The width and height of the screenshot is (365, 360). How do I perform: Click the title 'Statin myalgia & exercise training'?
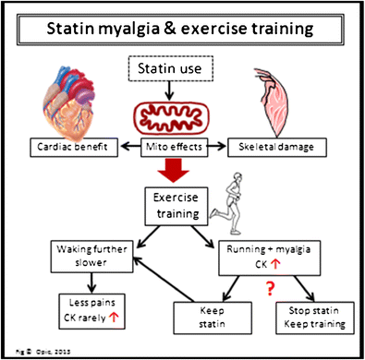pos(181,28)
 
